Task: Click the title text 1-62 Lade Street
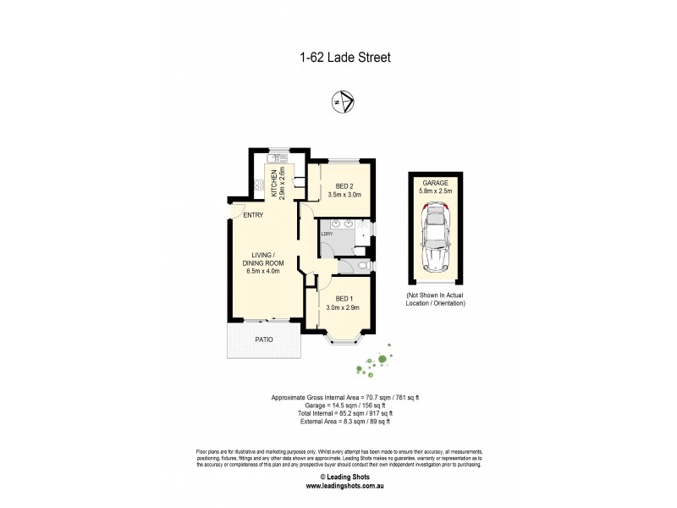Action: [338, 58]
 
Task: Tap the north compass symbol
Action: [343, 103]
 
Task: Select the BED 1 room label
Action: [343, 298]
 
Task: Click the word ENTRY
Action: [253, 215]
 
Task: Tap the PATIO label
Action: [266, 340]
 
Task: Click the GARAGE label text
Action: [435, 183]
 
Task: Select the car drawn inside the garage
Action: [435, 241]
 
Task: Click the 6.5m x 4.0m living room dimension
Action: [267, 272]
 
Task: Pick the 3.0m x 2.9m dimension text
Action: [343, 307]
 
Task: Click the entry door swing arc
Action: [238, 212]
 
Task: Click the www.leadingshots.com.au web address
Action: [338, 487]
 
